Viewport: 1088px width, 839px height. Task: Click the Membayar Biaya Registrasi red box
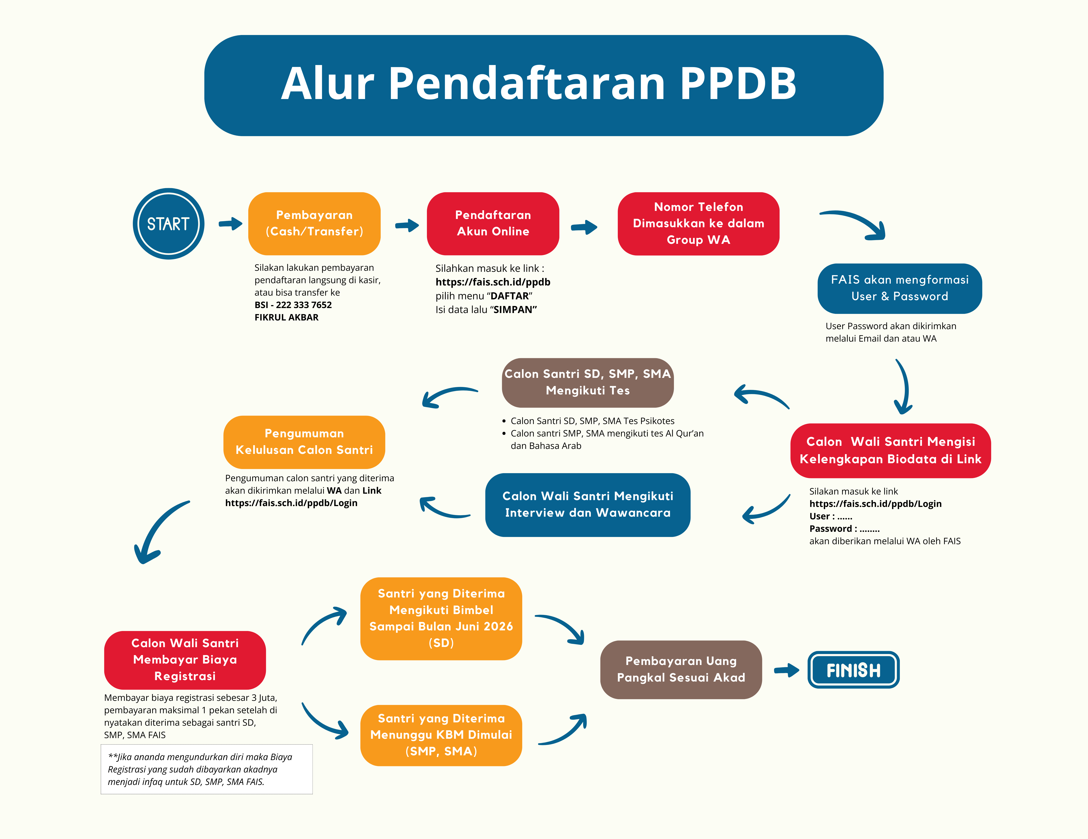(x=185, y=660)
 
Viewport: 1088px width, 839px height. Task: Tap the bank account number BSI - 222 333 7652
(x=293, y=305)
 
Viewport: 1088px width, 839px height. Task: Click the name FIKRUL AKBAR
(x=286, y=317)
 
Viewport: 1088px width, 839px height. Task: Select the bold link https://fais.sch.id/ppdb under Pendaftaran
(x=493, y=282)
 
